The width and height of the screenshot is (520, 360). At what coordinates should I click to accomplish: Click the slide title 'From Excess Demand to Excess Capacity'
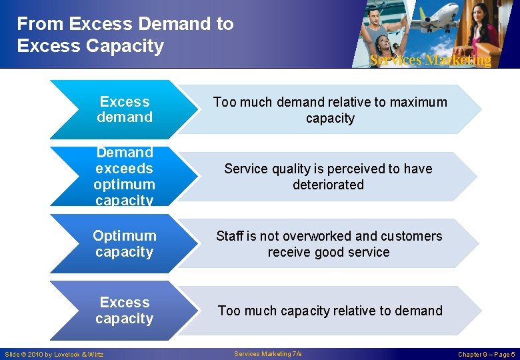[125, 35]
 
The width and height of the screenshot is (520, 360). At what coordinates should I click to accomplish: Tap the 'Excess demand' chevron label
[125, 109]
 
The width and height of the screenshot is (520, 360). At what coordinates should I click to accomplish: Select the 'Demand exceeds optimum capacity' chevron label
[125, 176]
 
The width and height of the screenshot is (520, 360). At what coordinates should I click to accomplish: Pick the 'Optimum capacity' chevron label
[125, 243]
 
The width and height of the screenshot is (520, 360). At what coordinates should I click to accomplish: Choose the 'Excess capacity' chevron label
[125, 310]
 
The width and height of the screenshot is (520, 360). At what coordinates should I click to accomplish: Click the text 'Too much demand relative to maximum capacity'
[330, 110]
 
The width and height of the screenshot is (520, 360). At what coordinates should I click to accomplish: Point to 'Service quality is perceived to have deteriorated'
[328, 177]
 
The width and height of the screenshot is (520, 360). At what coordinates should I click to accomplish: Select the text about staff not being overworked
[329, 244]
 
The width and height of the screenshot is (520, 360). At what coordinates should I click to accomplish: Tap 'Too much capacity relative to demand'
[330, 311]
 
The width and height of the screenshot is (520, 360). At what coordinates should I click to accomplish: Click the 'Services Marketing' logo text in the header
[430, 60]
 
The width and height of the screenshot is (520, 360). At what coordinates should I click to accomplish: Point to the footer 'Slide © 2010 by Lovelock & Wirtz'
[54, 354]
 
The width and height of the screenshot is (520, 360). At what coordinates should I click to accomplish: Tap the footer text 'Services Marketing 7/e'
[268, 354]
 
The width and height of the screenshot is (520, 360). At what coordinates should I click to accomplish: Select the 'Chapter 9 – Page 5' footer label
[486, 354]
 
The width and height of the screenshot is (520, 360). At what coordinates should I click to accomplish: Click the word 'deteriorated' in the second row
[328, 185]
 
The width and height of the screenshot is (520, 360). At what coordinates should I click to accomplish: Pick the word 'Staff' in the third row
[229, 236]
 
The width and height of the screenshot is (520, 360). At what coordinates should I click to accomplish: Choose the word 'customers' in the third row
[415, 236]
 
